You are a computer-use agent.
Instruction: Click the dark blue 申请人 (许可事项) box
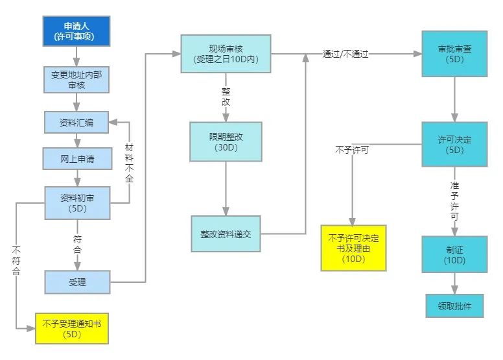click(77, 30)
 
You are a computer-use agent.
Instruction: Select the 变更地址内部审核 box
click(77, 78)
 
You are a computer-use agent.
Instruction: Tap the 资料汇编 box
click(77, 122)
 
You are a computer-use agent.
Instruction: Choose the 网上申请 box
click(77, 159)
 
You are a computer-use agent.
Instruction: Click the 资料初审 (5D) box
click(77, 203)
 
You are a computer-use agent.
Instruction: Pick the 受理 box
click(77, 282)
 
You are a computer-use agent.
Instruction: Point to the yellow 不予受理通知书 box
click(71, 330)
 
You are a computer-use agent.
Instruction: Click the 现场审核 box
click(226, 54)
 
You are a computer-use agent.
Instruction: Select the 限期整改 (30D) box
click(226, 142)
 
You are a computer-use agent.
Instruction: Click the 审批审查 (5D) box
click(454, 54)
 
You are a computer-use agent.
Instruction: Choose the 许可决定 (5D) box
click(454, 145)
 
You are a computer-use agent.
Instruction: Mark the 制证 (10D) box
click(454, 254)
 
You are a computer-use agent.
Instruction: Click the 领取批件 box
click(454, 306)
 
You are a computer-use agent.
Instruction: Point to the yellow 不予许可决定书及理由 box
click(353, 247)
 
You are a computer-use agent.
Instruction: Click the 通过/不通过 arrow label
click(345, 55)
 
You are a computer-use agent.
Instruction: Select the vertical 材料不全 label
click(129, 163)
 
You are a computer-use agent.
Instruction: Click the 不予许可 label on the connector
click(352, 150)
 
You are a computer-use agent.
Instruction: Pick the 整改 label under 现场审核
click(226, 97)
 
